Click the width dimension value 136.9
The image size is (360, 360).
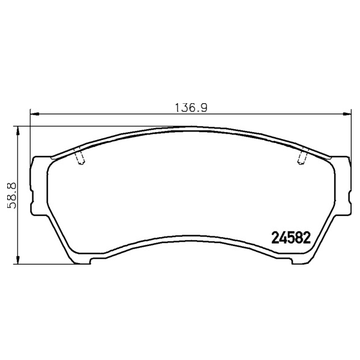191,107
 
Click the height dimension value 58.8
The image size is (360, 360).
12,196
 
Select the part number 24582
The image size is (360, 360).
291,238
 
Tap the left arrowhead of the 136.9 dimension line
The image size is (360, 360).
35,113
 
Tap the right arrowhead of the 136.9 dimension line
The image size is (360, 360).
347,113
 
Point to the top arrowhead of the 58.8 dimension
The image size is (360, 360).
17,131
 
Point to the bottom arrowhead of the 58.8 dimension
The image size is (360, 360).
17,259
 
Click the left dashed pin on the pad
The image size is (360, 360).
79,156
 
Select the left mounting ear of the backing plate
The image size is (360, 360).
39,185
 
